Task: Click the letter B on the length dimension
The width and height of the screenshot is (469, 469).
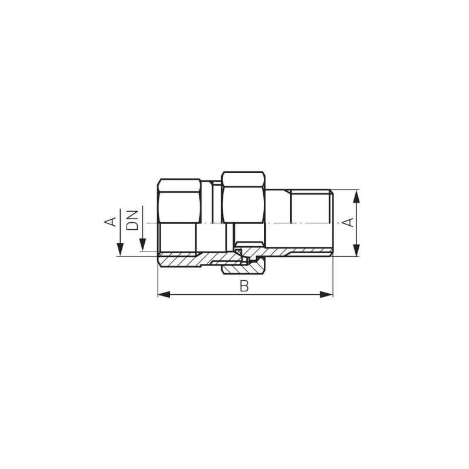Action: click(245, 286)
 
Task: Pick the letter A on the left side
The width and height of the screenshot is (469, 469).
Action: click(110, 222)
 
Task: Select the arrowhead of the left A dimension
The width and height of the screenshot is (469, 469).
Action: click(119, 252)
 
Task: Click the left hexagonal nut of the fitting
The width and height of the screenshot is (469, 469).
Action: click(178, 202)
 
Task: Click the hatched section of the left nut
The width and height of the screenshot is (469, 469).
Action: click(179, 260)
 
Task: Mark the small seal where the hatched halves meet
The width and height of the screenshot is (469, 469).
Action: click(239, 252)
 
